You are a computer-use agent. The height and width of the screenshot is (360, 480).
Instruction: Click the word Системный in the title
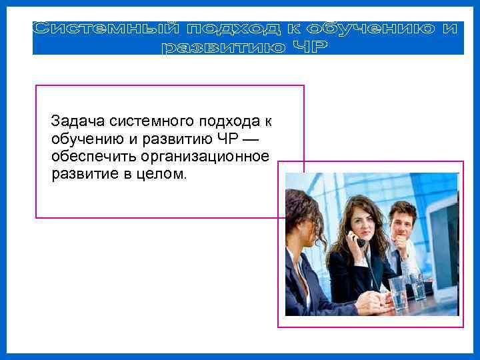[x=104, y=29]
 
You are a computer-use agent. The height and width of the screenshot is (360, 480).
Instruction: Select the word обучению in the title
[x=366, y=29]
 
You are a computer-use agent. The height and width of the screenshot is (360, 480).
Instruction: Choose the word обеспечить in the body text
[x=93, y=157]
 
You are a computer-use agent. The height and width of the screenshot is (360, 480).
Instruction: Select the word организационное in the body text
[x=205, y=157]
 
